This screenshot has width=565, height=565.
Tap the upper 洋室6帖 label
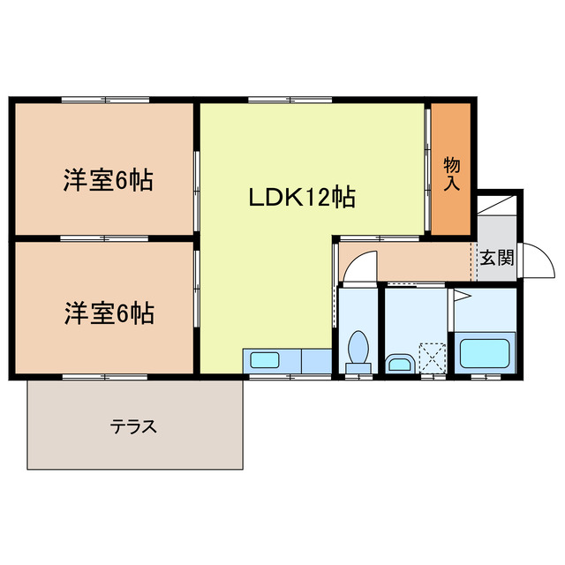coord(108,181)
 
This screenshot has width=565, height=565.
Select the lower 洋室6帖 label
coord(108,313)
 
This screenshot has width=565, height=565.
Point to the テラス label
coord(133,427)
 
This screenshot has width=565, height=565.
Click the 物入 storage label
coord(451,175)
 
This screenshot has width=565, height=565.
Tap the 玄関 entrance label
coord(496,259)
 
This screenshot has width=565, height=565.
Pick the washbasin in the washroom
coord(399,363)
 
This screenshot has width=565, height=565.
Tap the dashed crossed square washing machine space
coord(433,358)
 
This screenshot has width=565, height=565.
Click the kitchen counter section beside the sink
coord(315,360)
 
